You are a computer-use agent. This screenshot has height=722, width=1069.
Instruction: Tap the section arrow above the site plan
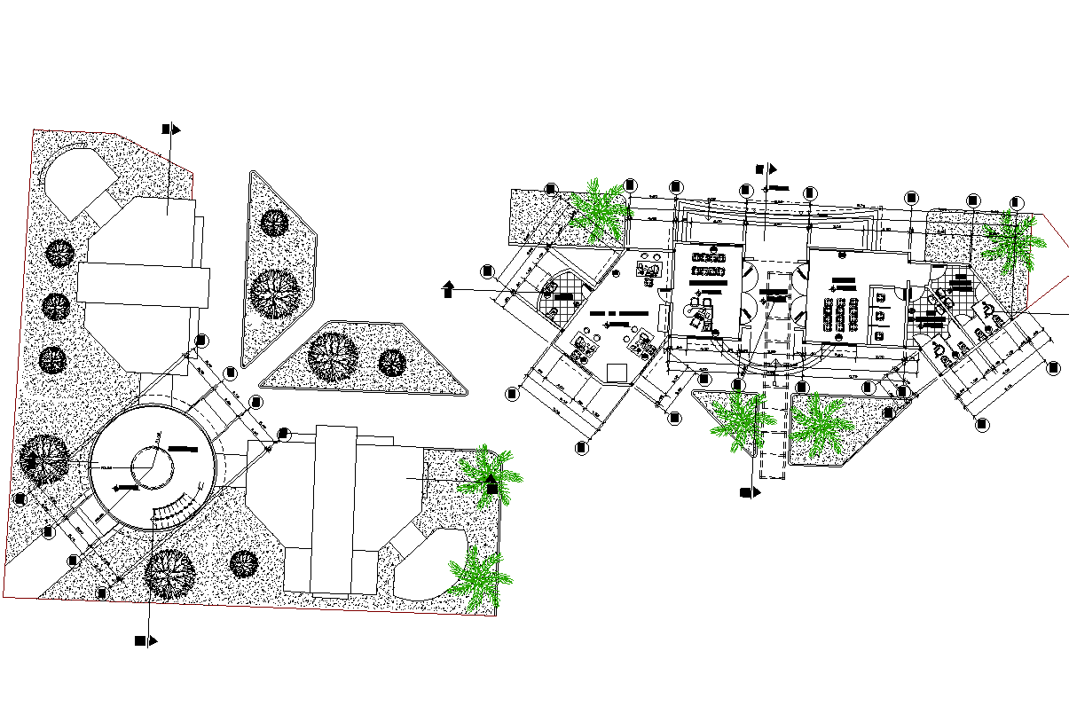(x=171, y=129)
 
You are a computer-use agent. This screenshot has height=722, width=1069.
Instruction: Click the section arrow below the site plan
(x=145, y=640)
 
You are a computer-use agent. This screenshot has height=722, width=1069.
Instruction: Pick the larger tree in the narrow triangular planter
(x=274, y=293)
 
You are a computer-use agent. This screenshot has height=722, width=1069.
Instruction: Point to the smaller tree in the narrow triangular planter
(x=274, y=222)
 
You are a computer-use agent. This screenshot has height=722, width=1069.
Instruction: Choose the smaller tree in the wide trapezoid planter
(x=391, y=362)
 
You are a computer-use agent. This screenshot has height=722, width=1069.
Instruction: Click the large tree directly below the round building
(x=169, y=573)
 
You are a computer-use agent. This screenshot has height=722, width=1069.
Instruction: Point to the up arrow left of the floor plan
(x=448, y=289)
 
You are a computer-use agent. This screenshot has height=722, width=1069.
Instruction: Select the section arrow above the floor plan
(x=765, y=168)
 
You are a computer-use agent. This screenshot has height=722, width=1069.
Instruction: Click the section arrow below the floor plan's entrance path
(x=750, y=492)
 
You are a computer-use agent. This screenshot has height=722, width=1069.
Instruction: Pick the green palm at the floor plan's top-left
(x=598, y=211)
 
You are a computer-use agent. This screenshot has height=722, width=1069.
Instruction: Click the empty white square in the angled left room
(x=616, y=372)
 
